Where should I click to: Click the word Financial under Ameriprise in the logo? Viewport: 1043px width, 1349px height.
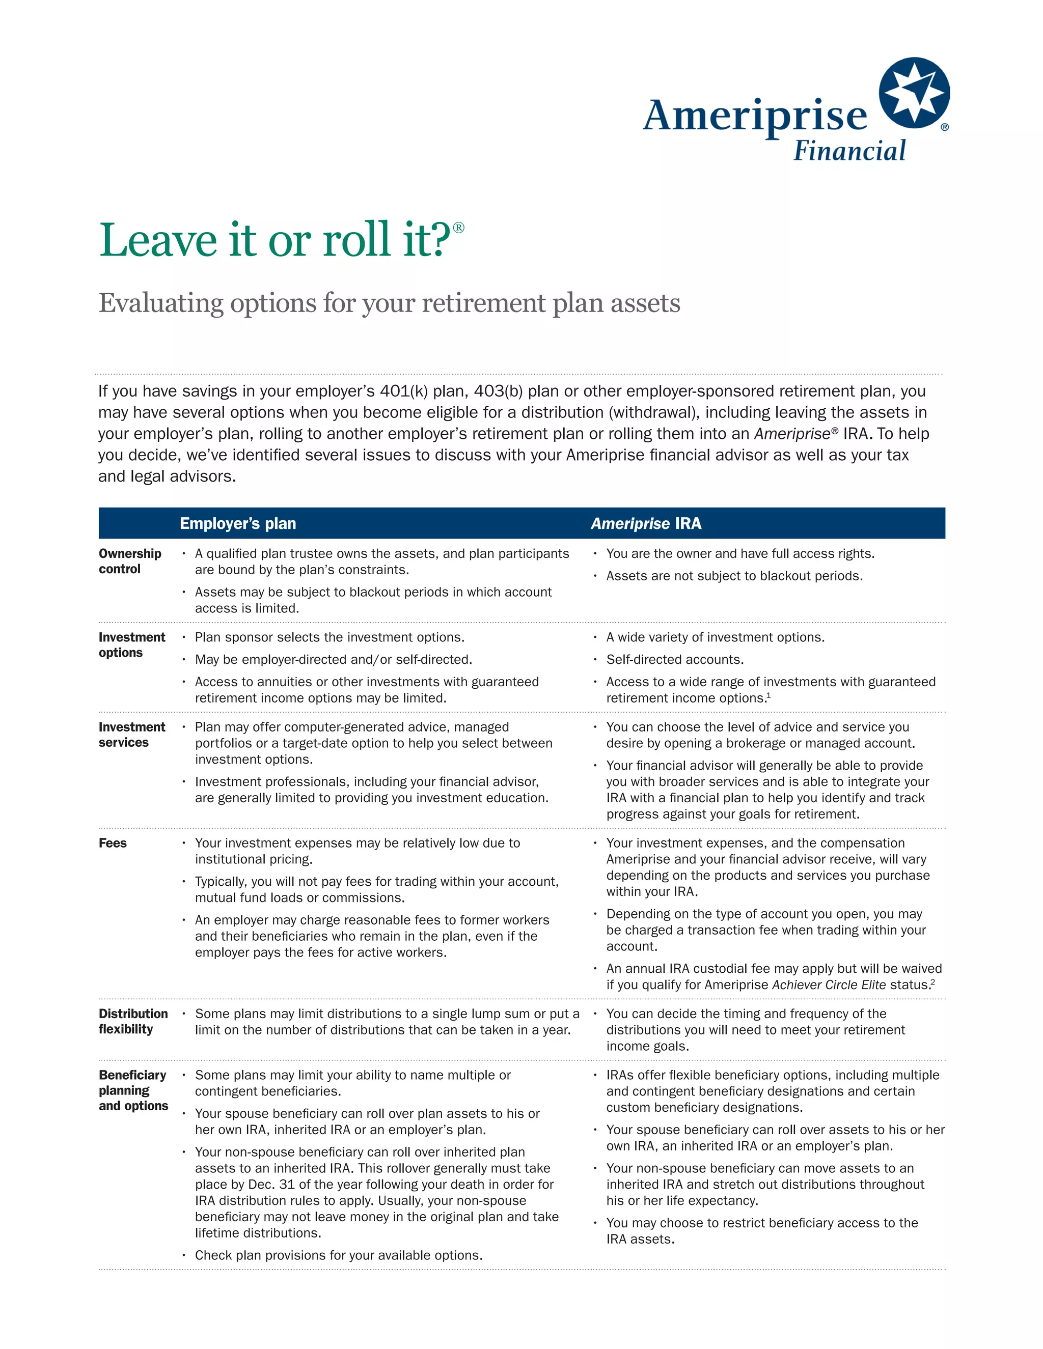[x=849, y=151]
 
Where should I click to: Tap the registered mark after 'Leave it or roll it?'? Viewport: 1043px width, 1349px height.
[x=458, y=228]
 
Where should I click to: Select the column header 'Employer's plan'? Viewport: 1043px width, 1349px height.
[x=238, y=524]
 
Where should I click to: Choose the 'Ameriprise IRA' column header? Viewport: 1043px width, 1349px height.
[x=646, y=524]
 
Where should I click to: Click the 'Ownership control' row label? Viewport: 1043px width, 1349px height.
[x=130, y=561]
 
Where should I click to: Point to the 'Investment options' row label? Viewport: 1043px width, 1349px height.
[x=131, y=645]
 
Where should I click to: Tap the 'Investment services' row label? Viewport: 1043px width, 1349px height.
[x=131, y=735]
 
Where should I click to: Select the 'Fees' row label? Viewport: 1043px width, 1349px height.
[x=113, y=843]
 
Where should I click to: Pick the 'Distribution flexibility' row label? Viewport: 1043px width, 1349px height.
[x=133, y=1021]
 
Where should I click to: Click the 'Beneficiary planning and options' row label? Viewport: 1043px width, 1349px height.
[x=133, y=1090]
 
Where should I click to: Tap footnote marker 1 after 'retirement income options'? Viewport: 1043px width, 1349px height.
[x=768, y=695]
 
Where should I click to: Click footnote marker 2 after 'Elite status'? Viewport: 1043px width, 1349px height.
[x=932, y=981]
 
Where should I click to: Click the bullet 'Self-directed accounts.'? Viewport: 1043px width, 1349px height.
[x=675, y=660]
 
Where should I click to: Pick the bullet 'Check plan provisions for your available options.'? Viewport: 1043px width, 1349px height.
[x=339, y=1255]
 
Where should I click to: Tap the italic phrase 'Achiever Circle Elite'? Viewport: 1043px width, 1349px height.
[x=829, y=985]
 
